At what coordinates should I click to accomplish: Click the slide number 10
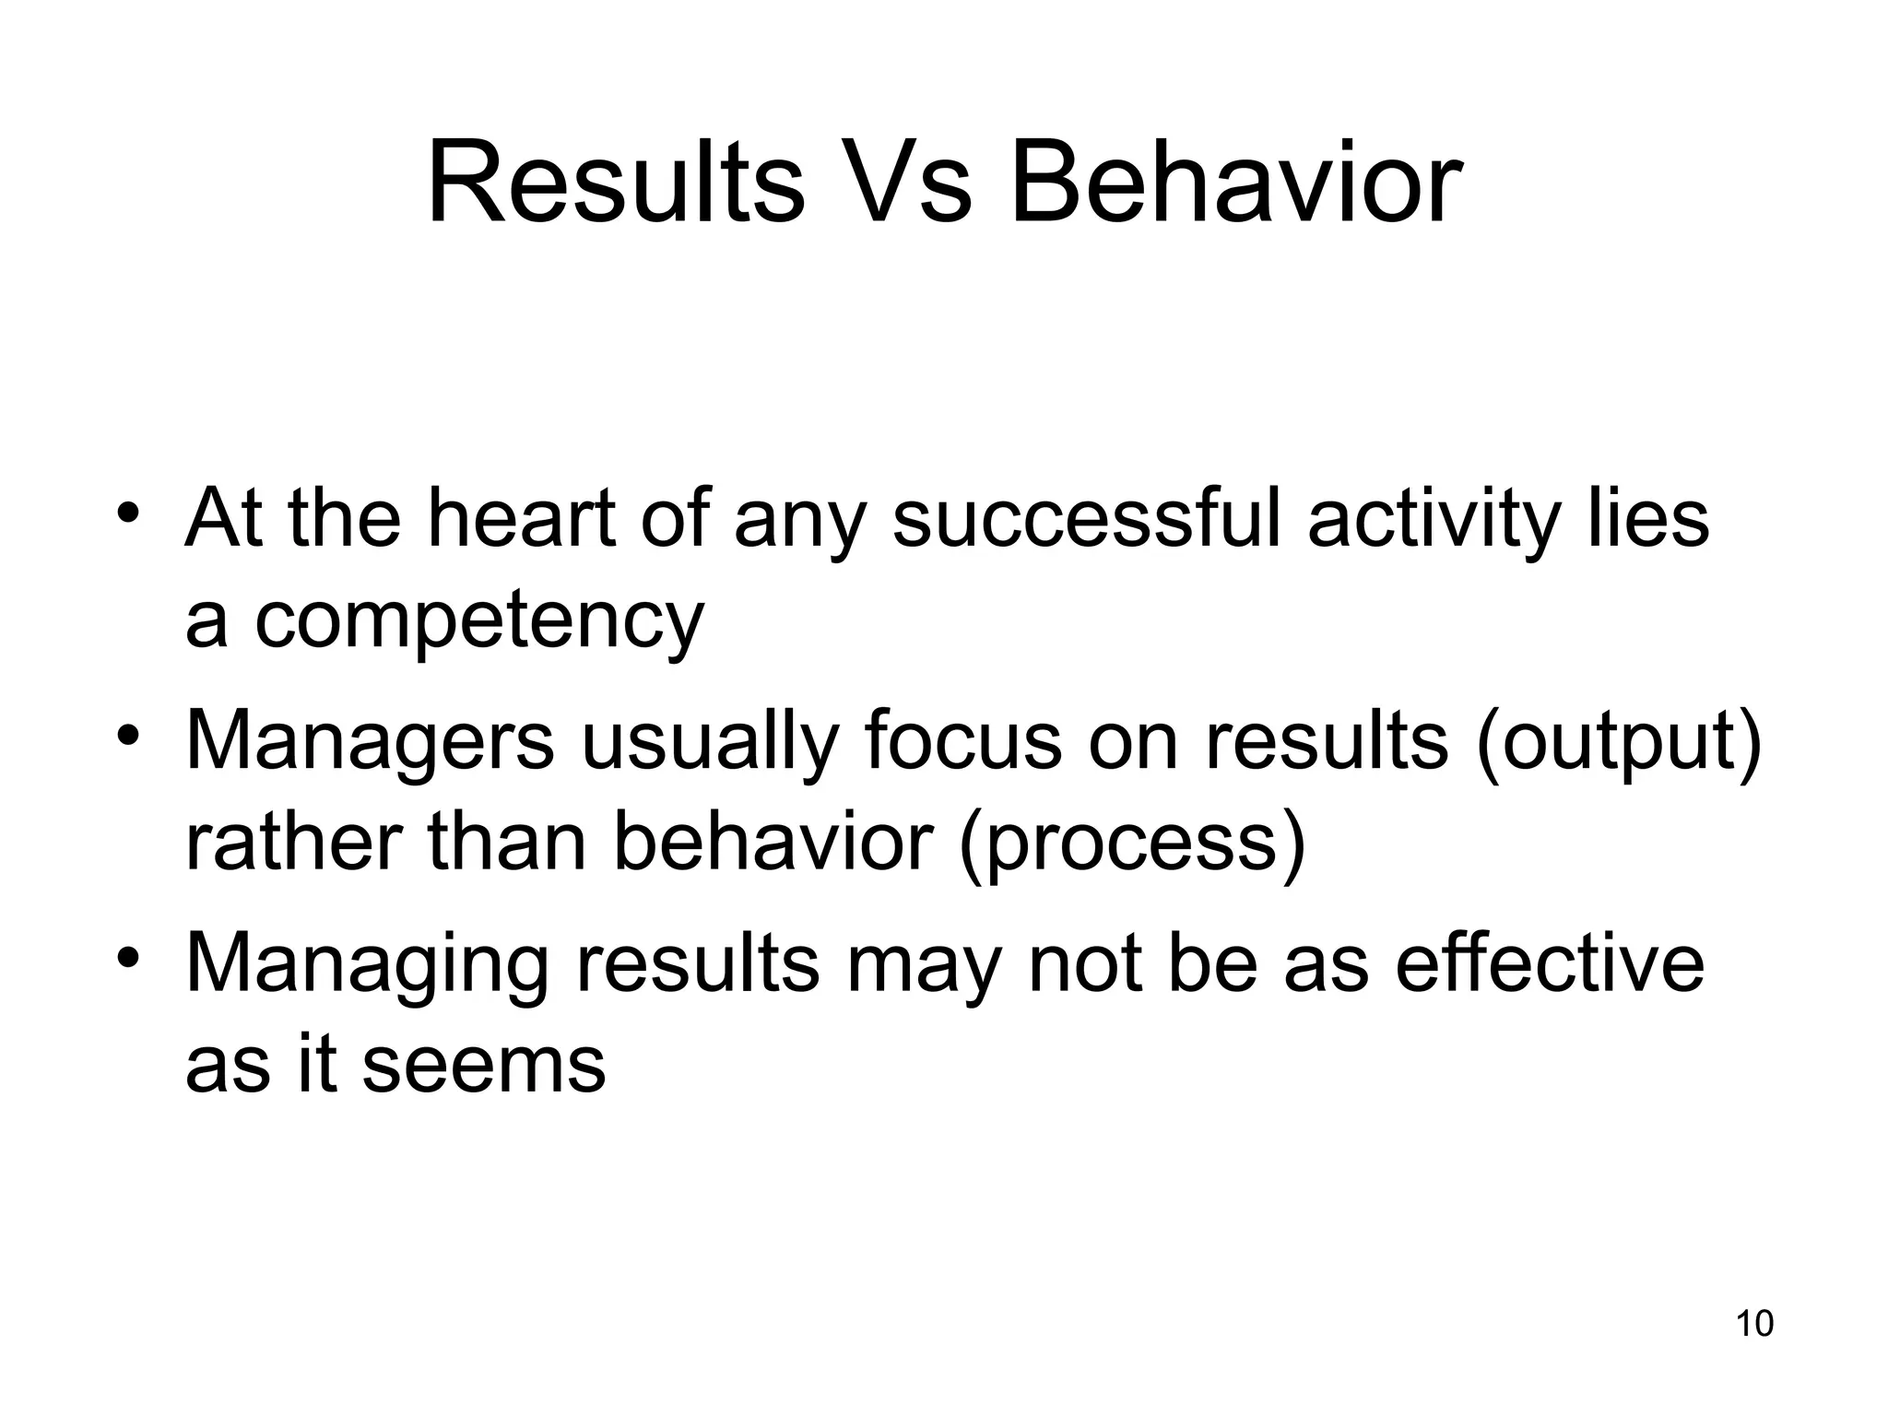click(x=1754, y=1324)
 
